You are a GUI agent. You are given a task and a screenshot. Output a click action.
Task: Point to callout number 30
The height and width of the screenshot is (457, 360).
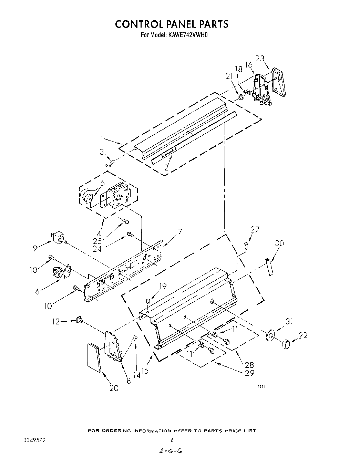click(279, 243)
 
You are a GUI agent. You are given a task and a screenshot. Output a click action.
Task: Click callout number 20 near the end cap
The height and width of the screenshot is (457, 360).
click(114, 388)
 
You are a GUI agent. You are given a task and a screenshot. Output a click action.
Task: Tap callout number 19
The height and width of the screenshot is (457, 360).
click(163, 285)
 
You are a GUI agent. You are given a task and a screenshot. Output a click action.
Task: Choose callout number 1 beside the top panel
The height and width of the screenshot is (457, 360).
click(102, 139)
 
